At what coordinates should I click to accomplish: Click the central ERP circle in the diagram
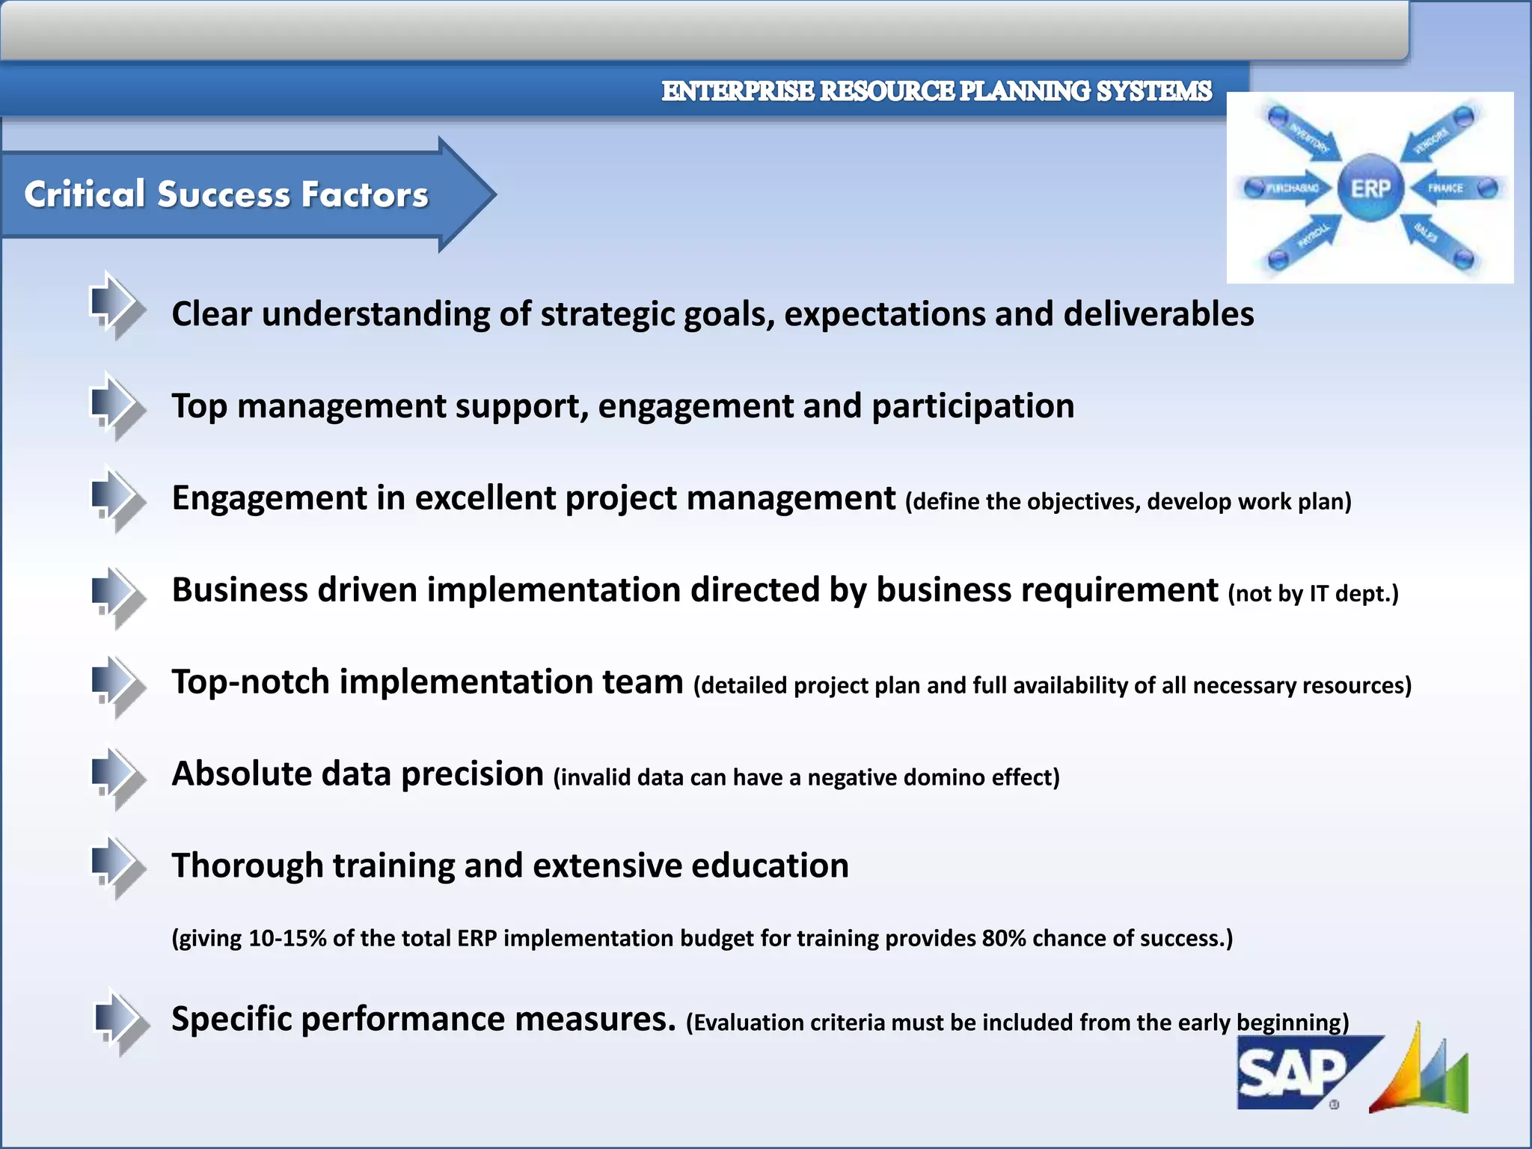point(1370,188)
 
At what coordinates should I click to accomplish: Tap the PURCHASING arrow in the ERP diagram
point(1291,188)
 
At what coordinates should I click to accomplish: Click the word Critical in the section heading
point(85,194)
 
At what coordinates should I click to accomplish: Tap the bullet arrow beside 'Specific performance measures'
point(117,1020)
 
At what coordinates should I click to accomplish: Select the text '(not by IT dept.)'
point(1313,594)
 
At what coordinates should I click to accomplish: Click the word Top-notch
point(250,682)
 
